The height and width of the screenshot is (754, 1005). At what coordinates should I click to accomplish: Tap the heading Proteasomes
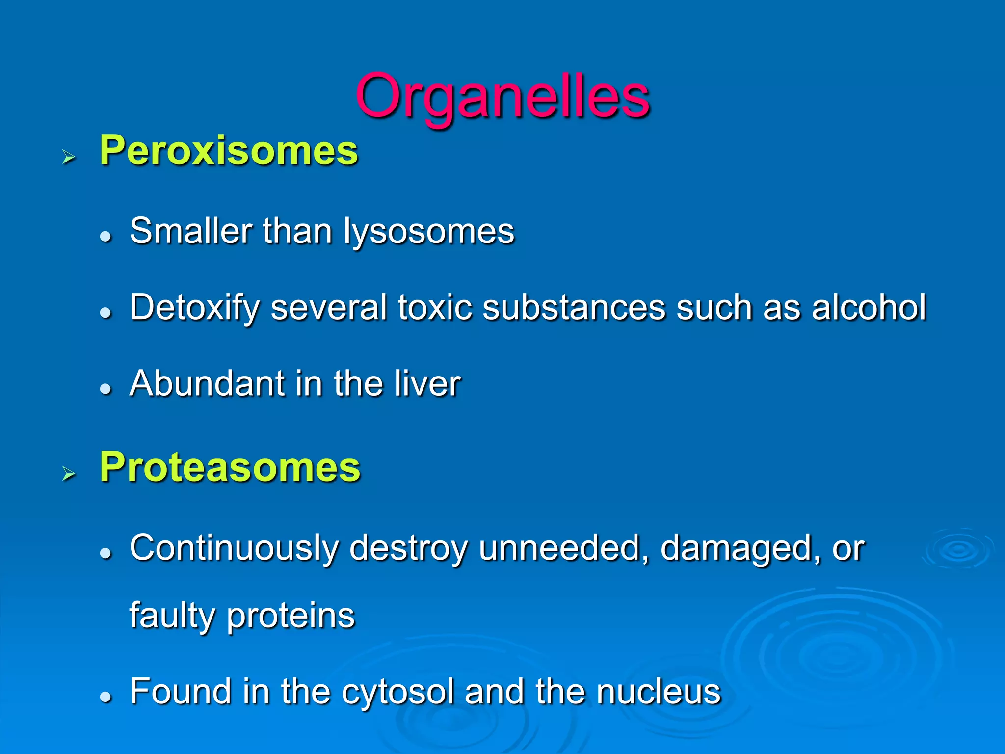230,467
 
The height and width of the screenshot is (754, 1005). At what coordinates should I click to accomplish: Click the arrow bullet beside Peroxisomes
69,157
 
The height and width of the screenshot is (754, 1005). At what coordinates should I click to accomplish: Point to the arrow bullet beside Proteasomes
69,474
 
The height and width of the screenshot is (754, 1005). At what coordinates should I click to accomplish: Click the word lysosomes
428,231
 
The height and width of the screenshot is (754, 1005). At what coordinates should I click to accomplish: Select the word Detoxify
194,308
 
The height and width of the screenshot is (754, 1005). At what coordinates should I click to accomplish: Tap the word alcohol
869,307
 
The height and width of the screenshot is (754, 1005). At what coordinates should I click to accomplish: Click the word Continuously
234,548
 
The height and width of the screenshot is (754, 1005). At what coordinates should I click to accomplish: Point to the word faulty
172,616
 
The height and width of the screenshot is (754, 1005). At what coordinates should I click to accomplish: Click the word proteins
291,616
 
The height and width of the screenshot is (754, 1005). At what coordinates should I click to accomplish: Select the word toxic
435,307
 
